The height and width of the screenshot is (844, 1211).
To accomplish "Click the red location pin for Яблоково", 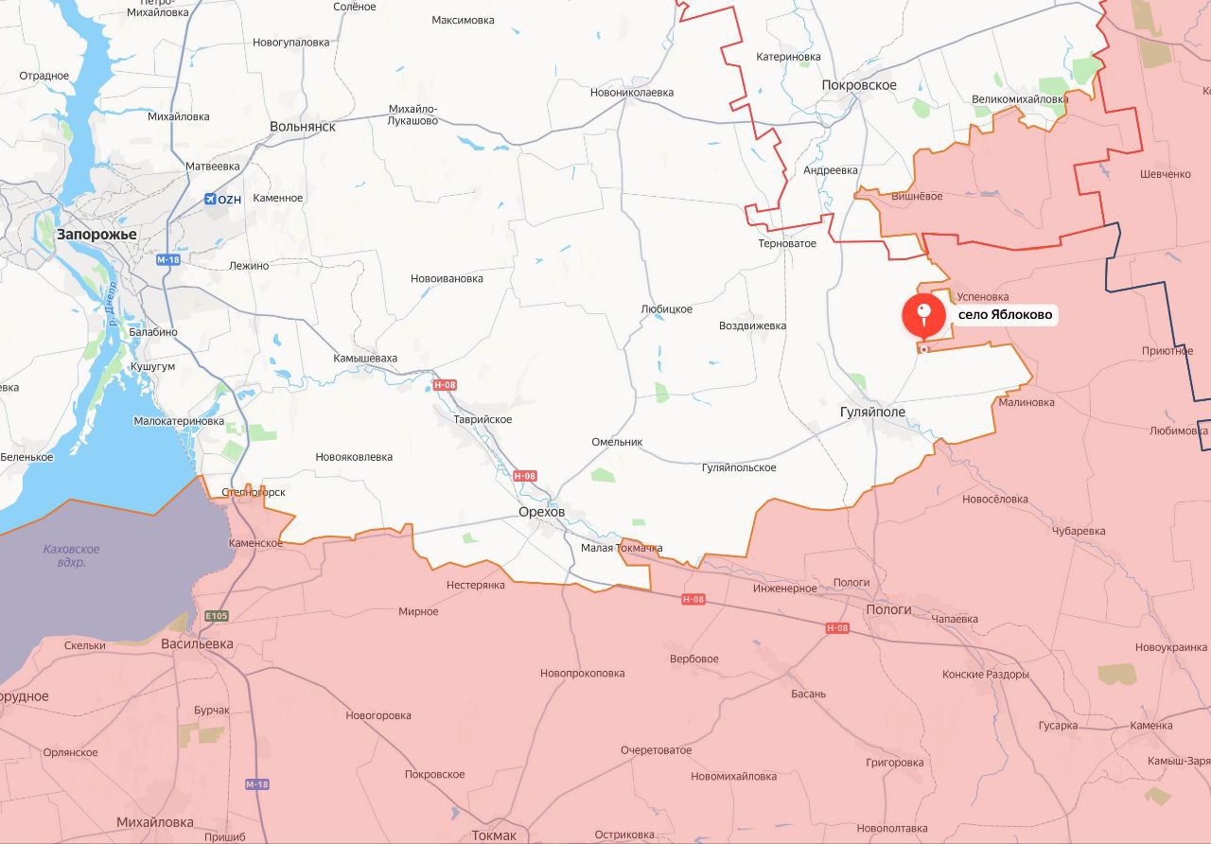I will click(x=923, y=315).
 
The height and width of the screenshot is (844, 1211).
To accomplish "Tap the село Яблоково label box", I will click(x=1005, y=315).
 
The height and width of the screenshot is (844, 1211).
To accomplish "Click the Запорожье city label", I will click(x=97, y=234).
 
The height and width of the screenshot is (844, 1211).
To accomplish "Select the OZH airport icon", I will click(x=210, y=199).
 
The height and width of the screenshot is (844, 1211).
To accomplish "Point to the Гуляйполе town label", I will click(x=872, y=413).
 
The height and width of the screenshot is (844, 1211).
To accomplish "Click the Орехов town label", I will click(x=541, y=512).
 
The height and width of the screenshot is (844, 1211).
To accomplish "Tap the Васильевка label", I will click(x=197, y=643).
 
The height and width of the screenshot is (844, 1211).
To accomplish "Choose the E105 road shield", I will click(x=216, y=616).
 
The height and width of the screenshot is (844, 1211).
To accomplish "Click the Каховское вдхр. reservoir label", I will click(x=72, y=555).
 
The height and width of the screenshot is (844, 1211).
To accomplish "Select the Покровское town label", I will click(x=859, y=85).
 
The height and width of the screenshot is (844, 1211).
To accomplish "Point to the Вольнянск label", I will click(x=303, y=126).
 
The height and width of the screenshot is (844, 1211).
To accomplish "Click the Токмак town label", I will click(x=494, y=835).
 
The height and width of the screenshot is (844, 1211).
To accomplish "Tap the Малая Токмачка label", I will click(x=622, y=548).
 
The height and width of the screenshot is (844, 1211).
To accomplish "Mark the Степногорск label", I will click(x=253, y=492).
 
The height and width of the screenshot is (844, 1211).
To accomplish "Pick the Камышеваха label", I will click(x=365, y=359).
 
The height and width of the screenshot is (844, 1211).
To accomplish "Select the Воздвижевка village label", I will click(x=752, y=325).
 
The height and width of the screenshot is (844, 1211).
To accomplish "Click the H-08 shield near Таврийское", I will click(x=445, y=385).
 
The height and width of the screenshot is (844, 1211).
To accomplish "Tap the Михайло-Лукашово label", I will click(x=412, y=114).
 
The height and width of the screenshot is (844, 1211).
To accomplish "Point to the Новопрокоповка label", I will click(x=582, y=673).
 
